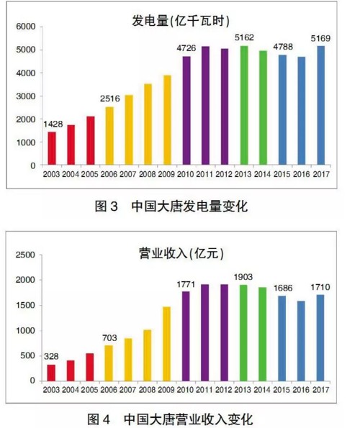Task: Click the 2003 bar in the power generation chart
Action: (x=52, y=148)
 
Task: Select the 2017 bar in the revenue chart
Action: (x=320, y=337)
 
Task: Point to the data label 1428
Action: (x=53, y=124)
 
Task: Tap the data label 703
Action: (x=109, y=337)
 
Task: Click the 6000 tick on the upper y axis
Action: (x=26, y=27)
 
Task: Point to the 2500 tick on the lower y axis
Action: (x=26, y=255)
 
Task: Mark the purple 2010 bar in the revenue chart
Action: (x=186, y=336)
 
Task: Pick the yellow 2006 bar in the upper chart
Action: (x=109, y=136)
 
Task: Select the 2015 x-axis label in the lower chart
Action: (x=282, y=389)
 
